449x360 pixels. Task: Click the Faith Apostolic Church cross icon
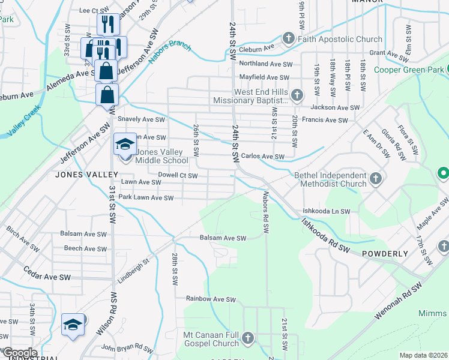point(288,40)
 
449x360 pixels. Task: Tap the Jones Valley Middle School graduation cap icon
point(125,144)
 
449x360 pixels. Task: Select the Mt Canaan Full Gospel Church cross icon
point(247,340)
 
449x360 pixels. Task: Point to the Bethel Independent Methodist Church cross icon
point(376,179)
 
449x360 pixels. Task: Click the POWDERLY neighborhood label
point(385,254)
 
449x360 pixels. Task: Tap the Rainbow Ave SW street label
point(211,299)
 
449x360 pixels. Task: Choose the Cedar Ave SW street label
point(47,277)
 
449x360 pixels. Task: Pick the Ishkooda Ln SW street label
point(326,212)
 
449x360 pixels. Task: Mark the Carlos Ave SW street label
point(262,157)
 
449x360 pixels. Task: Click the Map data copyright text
point(424,355)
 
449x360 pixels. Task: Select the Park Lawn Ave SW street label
point(146,197)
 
